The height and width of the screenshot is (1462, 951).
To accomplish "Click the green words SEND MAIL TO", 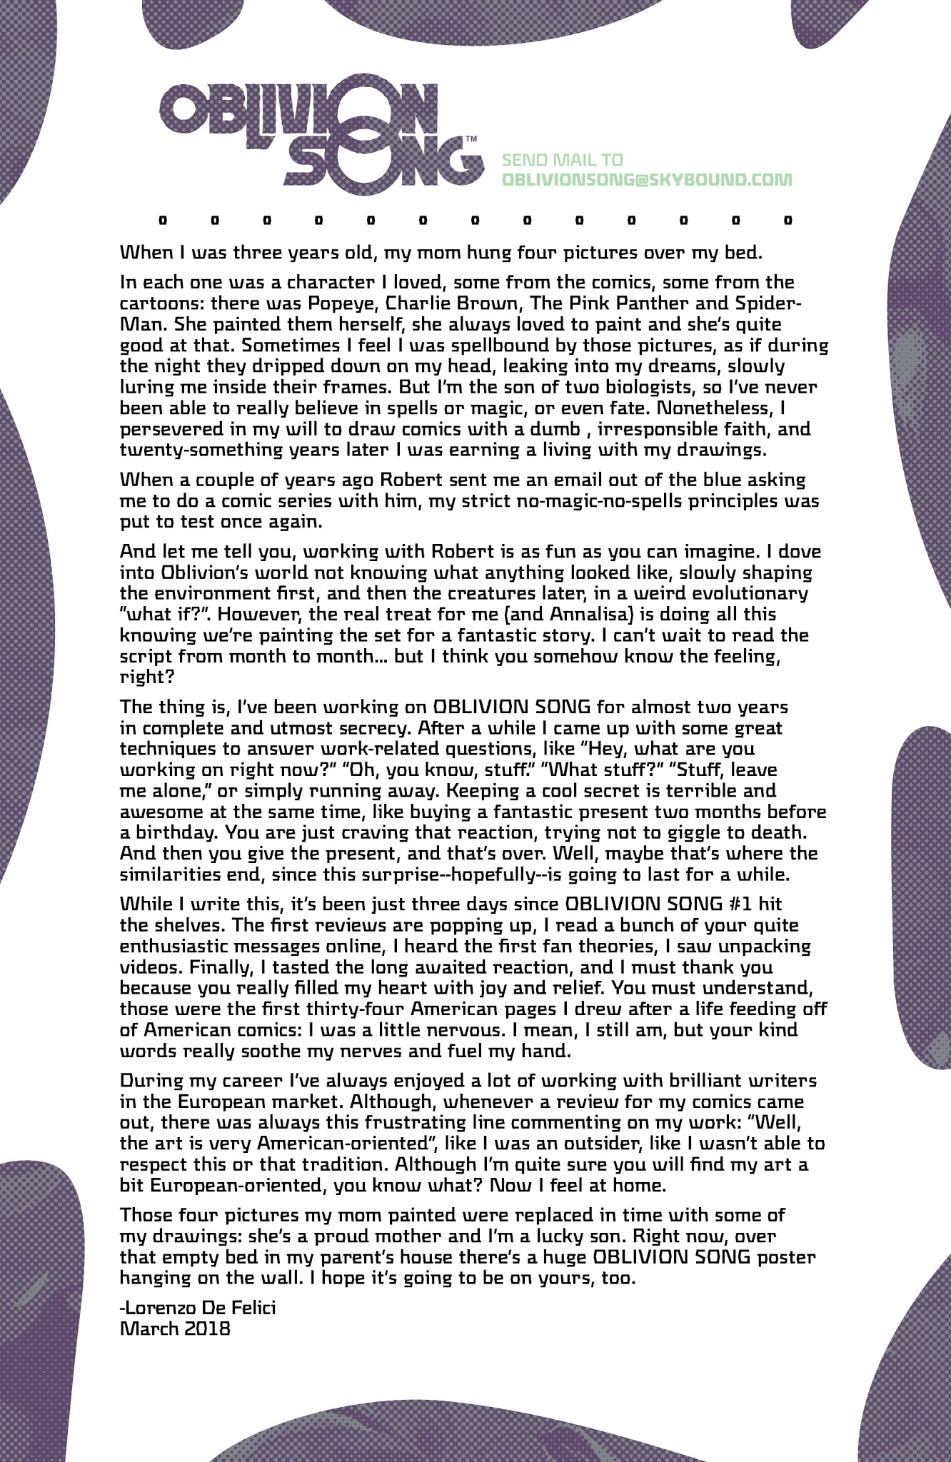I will pos(563,160).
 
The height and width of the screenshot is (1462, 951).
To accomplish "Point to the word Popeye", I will pos(352,303).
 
